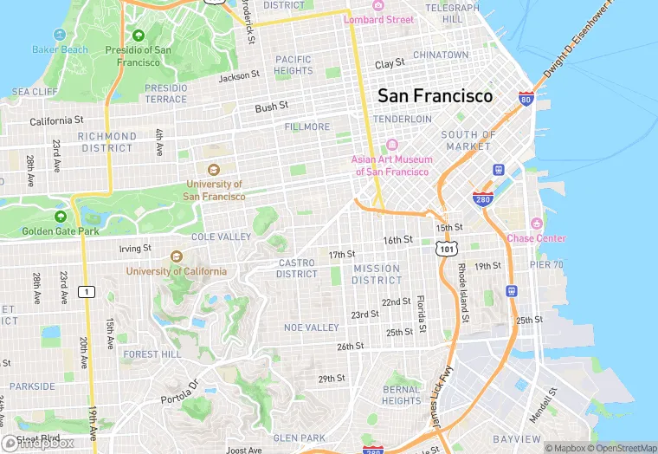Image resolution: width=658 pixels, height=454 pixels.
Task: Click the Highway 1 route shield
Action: [86, 292]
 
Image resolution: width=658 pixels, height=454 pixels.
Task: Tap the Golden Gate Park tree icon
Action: [61, 217]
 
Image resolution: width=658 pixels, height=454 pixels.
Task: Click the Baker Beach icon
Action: [60, 35]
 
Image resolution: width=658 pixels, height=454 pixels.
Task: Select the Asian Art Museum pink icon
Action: [390, 145]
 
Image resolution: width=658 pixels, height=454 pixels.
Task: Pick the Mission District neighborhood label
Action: [377, 274]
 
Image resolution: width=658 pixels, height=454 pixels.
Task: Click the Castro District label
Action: [297, 269]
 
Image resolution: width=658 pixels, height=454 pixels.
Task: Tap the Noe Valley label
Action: [312, 328]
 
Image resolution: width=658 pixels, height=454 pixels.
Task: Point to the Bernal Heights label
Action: [402, 395]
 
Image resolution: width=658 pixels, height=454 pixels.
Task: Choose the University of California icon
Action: [177, 256]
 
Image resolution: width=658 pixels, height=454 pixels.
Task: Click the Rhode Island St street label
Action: [464, 294]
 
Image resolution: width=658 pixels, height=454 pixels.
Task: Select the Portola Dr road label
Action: [180, 392]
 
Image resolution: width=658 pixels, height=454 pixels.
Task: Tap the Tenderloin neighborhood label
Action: [402, 119]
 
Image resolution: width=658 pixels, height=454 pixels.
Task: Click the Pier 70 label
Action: [546, 265]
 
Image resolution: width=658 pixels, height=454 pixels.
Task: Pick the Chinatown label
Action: [441, 55]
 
